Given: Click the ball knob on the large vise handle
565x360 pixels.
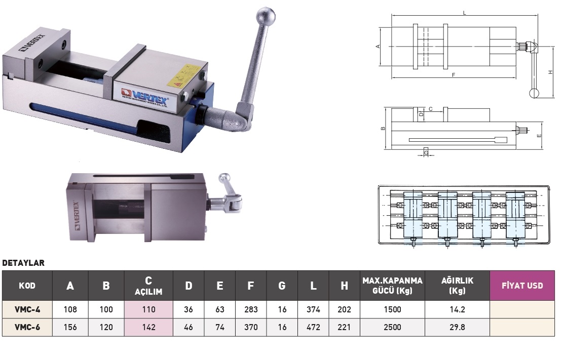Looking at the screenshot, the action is coord(266,17).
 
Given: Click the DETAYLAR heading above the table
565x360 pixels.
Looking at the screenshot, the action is coord(23,263).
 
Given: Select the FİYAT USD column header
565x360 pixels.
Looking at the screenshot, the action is coord(522,286).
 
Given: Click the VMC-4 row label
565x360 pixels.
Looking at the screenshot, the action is coord(27,309).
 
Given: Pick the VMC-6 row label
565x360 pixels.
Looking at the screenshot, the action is coord(27,327).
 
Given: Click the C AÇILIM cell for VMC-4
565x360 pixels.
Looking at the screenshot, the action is coord(148,309).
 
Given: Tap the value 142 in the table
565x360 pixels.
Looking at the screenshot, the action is coord(148,327).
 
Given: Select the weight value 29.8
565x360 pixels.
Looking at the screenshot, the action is coord(457,327).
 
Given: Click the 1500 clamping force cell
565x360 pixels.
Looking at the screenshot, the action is coord(392,309).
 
